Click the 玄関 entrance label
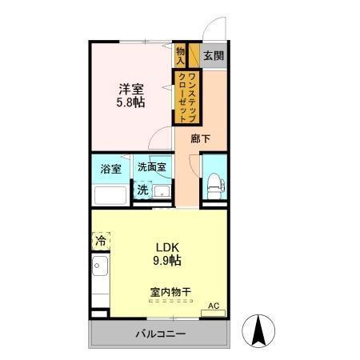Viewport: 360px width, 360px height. (212, 56)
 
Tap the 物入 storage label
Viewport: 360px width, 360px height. (180, 55)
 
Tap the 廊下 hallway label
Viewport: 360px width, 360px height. (202, 138)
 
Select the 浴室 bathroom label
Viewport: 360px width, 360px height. (110, 169)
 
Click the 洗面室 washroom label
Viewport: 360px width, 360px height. (150, 167)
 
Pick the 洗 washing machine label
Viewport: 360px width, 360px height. (142, 190)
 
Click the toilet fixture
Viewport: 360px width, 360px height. (214, 182)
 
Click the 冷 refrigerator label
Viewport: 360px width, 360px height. (101, 240)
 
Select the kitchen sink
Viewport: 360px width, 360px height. (100, 266)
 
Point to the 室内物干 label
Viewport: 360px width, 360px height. (169, 293)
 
